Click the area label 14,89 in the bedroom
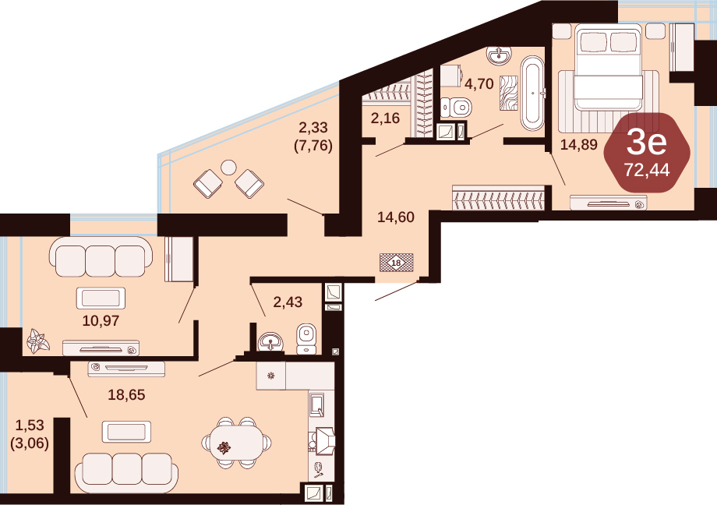click(x=579, y=144)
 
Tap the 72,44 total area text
click(x=647, y=170)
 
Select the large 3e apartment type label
click(x=647, y=143)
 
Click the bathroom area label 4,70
click(x=479, y=83)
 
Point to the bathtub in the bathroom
click(x=532, y=94)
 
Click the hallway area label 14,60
click(x=396, y=217)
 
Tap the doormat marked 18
click(x=397, y=263)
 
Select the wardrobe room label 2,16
click(x=386, y=118)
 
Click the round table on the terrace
click(x=228, y=168)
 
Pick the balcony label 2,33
click(x=313, y=127)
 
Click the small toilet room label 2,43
click(x=288, y=302)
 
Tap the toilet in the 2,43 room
click(x=306, y=338)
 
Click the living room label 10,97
click(x=101, y=320)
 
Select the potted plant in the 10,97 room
click(x=38, y=341)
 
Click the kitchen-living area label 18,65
click(x=127, y=394)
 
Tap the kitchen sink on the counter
click(x=317, y=404)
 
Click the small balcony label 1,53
click(x=30, y=425)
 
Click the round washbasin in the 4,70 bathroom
click(x=500, y=55)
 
